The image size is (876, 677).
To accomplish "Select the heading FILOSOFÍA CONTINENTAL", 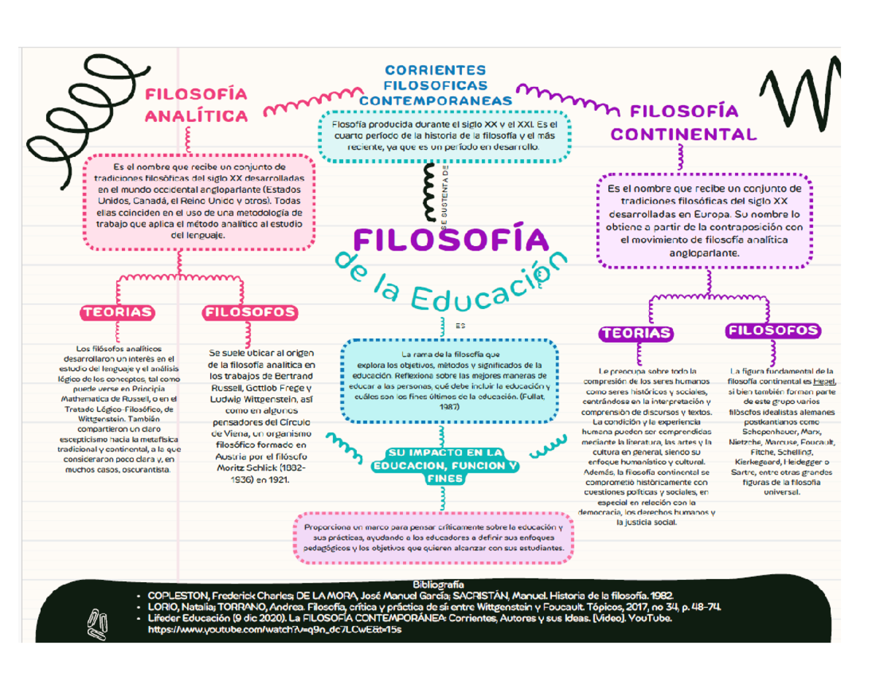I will [x=683, y=123].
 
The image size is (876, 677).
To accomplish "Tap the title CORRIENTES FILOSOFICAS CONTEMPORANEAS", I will [x=436, y=85].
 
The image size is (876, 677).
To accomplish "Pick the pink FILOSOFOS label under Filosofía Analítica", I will [x=251, y=313].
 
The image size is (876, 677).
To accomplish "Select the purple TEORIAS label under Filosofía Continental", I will [x=636, y=334].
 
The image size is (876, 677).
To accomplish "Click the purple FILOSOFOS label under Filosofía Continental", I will [x=772, y=331].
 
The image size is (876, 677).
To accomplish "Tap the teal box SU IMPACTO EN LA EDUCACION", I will [x=445, y=465].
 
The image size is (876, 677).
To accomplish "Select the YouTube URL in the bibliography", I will [x=274, y=629].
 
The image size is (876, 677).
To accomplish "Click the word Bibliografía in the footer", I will [x=438, y=585].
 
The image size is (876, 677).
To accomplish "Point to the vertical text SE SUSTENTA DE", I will [x=445, y=197].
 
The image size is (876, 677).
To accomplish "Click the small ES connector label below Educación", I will [x=460, y=326].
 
